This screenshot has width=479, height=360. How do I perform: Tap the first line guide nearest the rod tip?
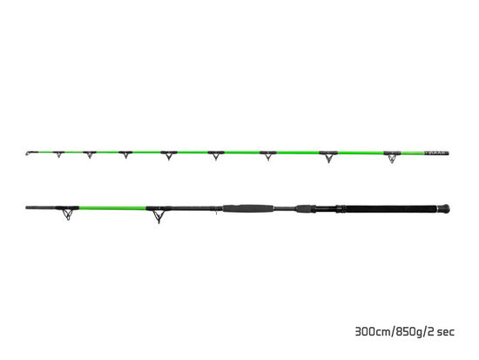point(58,154)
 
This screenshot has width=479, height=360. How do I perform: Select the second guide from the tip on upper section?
point(89,155)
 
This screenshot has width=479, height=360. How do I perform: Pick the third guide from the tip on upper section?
point(125,155)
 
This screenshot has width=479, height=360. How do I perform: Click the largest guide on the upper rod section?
point(392,158)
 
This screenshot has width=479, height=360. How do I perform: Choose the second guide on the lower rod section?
point(157,215)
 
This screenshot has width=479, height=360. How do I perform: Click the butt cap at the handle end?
point(444,209)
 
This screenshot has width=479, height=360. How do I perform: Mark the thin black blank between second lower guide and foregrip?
point(192,209)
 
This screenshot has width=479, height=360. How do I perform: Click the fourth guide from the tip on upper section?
point(168,156)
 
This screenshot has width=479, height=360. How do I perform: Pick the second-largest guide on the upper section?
point(328,158)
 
